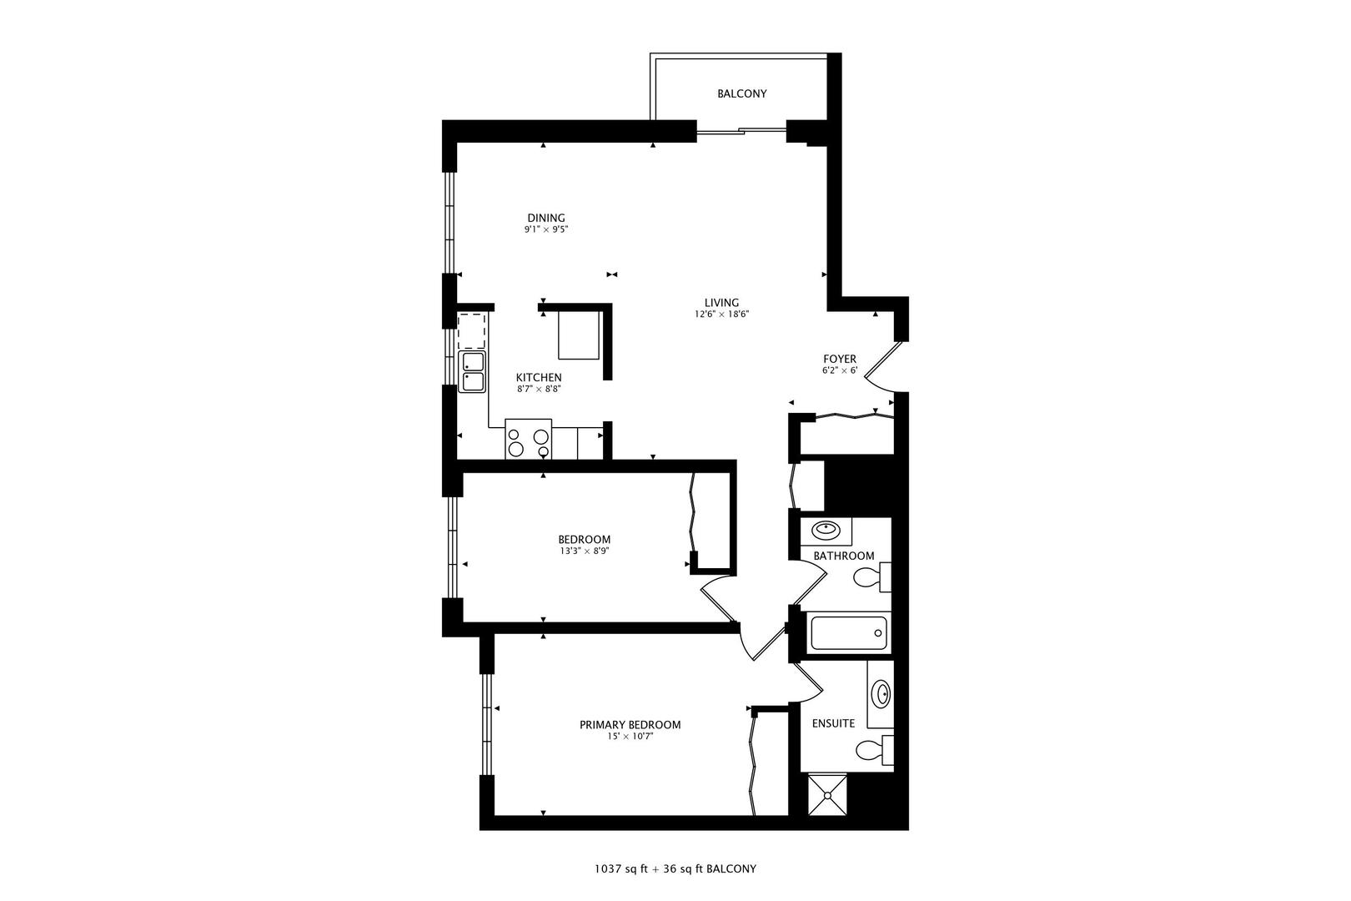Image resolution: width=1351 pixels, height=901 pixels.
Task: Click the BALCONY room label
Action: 741,93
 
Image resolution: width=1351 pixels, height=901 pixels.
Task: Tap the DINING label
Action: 545,218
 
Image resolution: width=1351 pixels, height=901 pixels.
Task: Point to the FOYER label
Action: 840,359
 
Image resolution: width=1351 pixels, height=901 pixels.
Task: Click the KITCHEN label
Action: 538,377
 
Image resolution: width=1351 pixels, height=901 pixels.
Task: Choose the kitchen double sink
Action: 474,372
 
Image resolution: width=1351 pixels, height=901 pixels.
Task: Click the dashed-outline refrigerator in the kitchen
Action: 472,330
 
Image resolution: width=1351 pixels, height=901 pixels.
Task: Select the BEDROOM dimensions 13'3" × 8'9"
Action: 584,551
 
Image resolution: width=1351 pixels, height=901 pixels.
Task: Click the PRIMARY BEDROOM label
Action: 630,724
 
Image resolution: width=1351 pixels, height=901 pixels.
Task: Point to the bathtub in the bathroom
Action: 847,633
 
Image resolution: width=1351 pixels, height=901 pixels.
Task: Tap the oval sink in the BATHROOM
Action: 826,529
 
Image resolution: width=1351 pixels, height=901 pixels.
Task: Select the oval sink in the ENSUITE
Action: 881,693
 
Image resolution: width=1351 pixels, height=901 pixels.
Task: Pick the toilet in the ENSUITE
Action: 875,749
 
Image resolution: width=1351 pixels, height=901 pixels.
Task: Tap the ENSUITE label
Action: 833,723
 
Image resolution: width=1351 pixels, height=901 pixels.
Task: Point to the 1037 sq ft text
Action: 620,868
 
